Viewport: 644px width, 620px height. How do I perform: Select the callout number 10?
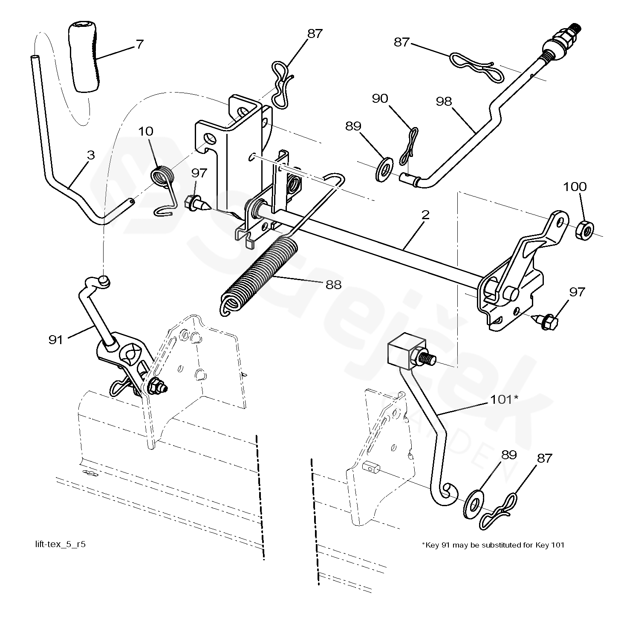146,131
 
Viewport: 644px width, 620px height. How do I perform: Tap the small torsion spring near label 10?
163,176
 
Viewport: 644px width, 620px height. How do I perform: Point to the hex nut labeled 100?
584,231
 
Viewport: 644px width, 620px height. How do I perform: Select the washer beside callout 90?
385,168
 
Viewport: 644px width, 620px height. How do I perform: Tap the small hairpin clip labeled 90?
409,147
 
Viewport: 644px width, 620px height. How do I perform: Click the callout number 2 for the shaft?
425,215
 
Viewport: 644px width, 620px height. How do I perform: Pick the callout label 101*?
504,399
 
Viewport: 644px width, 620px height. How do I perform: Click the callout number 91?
56,339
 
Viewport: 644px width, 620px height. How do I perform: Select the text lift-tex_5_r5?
61,545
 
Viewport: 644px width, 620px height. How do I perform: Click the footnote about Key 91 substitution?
493,545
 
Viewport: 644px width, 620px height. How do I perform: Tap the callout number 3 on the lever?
90,155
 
